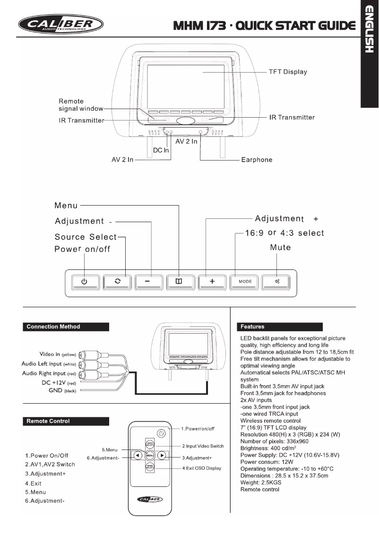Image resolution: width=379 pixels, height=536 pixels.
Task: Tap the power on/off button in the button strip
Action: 85,281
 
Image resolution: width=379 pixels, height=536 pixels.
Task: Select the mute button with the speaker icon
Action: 276,281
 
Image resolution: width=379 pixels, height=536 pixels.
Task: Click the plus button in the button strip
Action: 212,281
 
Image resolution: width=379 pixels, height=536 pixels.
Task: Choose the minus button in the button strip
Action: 148,281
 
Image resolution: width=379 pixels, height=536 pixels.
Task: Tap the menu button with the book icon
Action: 179,281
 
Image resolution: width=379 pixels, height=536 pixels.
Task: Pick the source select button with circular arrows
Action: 117,281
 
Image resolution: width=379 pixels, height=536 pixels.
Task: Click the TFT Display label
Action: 288,72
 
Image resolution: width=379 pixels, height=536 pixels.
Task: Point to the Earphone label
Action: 257,160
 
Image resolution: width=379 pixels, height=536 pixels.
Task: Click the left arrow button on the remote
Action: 137,456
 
